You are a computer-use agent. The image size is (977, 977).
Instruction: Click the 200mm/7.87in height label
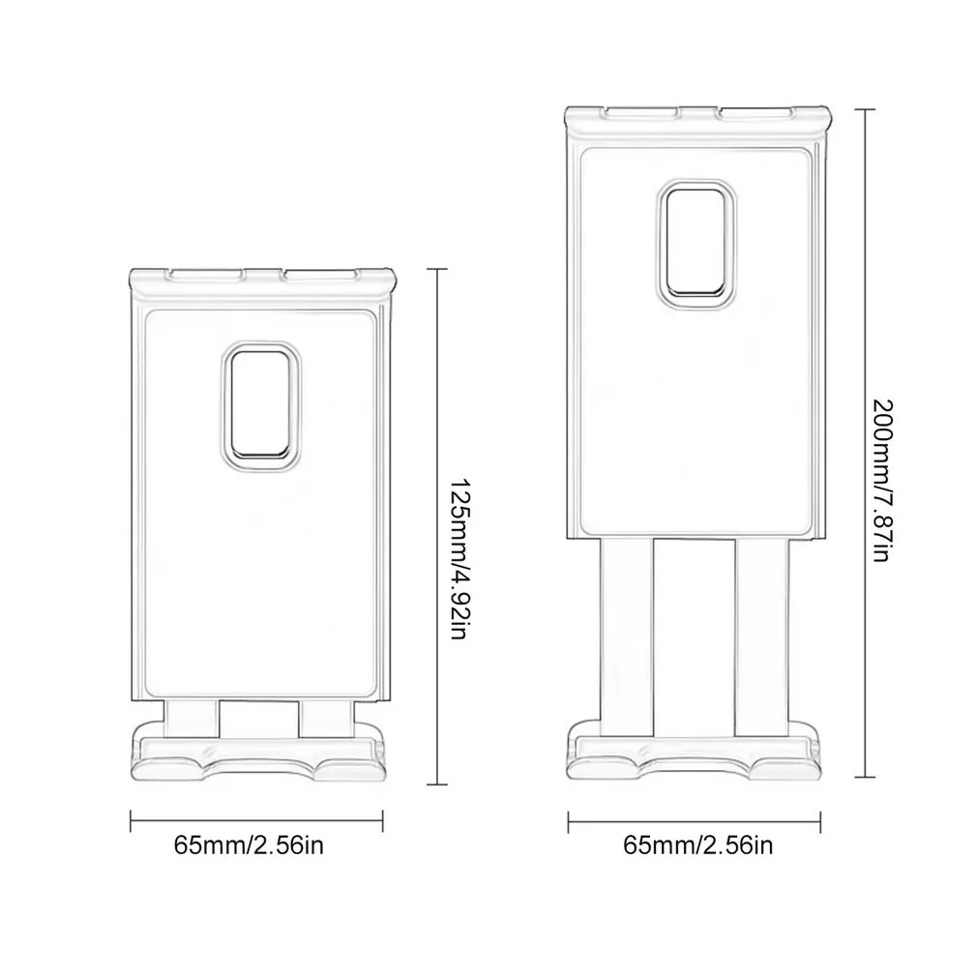pos(881,485)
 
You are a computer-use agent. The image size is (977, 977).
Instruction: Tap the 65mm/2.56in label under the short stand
pos(249,845)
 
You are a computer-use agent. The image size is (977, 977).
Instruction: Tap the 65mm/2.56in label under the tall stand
pos(698,847)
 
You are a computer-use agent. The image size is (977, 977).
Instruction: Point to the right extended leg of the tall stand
pos(761,629)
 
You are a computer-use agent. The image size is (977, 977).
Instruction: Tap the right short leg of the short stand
pos(323,717)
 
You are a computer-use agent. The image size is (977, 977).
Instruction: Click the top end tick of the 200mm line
pos(866,110)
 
